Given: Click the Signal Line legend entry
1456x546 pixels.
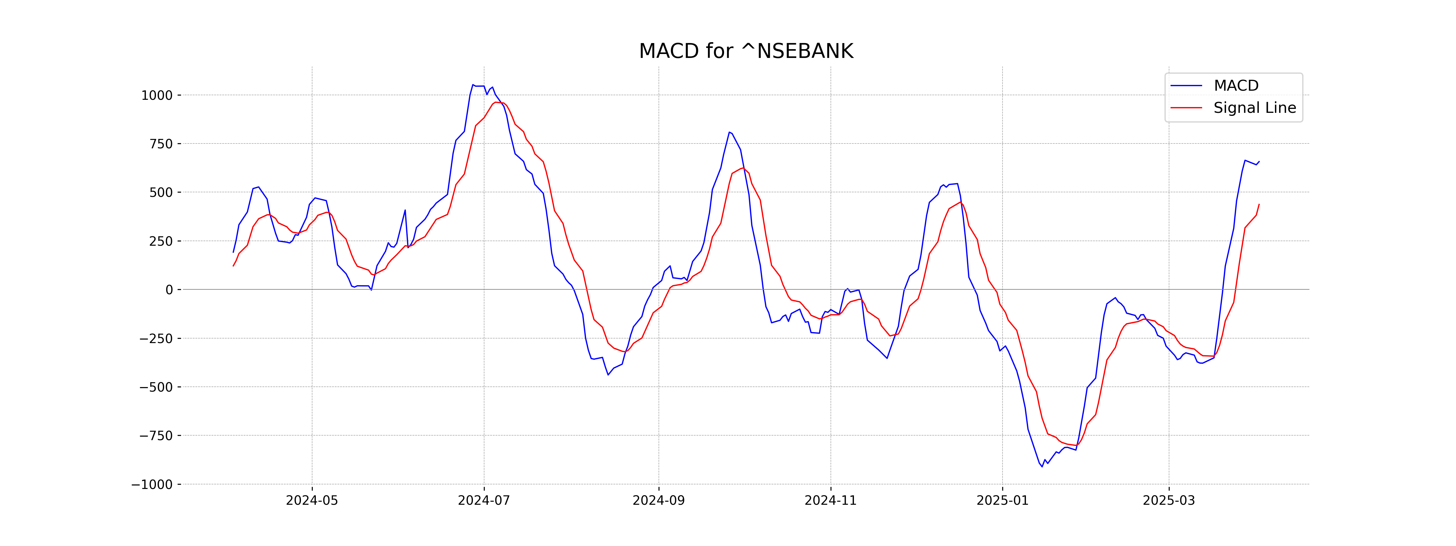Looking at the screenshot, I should [1254, 108].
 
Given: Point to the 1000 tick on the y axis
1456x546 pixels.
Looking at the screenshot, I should [157, 96].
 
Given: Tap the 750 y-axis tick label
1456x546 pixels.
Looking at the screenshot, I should [160, 144].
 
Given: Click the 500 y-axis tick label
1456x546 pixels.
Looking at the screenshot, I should [160, 193].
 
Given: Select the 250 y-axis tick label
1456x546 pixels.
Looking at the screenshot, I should [160, 241].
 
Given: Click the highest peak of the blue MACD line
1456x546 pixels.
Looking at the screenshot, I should [473, 85].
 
